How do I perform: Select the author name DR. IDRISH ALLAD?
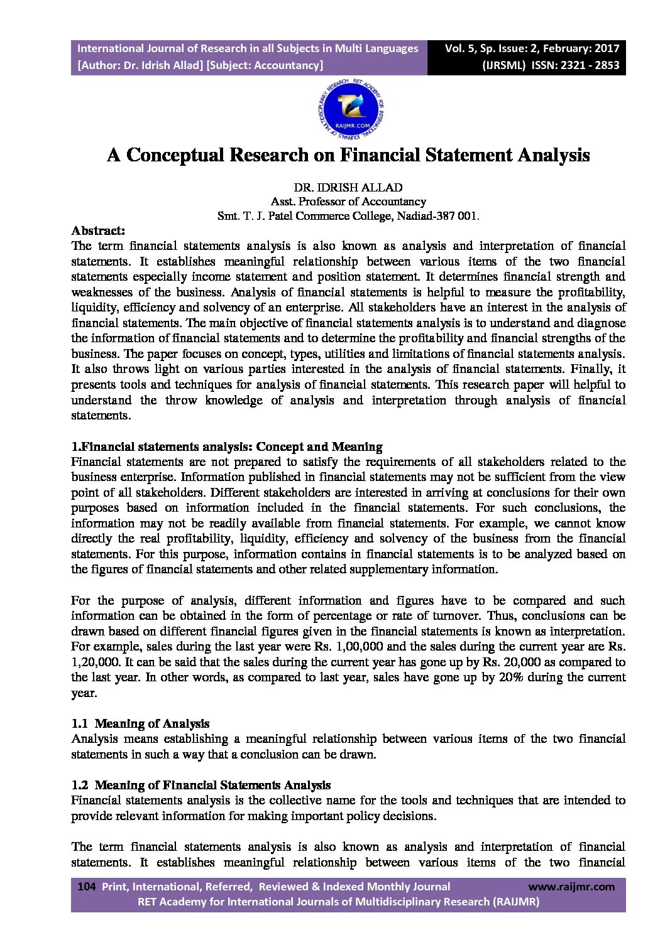[x=348, y=188]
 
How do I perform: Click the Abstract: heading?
[x=98, y=230]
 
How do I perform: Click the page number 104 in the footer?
[x=85, y=887]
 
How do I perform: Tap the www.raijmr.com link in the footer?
[x=571, y=887]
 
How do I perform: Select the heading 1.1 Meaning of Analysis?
[x=140, y=723]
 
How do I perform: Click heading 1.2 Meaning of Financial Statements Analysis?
[x=201, y=785]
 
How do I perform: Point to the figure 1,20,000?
[x=92, y=662]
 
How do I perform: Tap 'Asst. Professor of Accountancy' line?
[x=348, y=202]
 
